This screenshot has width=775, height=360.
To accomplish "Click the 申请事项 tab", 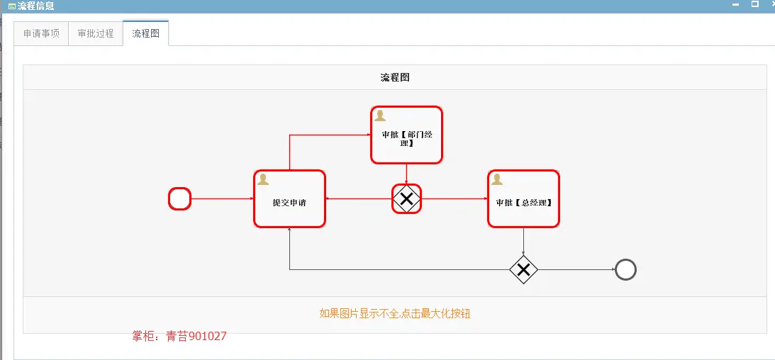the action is pos(41,33).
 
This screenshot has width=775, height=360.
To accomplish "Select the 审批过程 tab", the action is pos(96,33).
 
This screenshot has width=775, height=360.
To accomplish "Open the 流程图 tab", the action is pos(145,33).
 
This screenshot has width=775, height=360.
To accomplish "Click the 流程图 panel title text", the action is pos(395,77).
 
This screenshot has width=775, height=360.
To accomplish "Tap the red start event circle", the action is pos(179,199).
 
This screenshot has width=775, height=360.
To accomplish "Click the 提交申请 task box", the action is pos(289,202).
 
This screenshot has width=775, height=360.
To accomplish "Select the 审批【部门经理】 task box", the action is pos(406,137).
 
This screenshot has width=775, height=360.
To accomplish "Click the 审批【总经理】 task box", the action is pos(523,202).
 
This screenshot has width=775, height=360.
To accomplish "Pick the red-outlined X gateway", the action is pos(406,199).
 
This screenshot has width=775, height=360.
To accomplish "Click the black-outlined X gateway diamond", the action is pos(523,269).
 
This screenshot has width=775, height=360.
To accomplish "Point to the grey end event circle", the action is pos(626,269).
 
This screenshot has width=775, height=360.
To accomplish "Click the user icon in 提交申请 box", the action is pos(263,179).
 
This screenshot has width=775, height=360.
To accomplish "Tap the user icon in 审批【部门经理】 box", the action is pos(380,116).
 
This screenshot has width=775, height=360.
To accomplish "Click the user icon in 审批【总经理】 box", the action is pos(497,179).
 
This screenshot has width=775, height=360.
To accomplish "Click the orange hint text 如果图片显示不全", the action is pos(395,313).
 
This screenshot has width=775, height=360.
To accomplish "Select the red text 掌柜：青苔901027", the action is pos(179,336).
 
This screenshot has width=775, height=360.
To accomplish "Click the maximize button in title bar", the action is pos(755,4).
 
